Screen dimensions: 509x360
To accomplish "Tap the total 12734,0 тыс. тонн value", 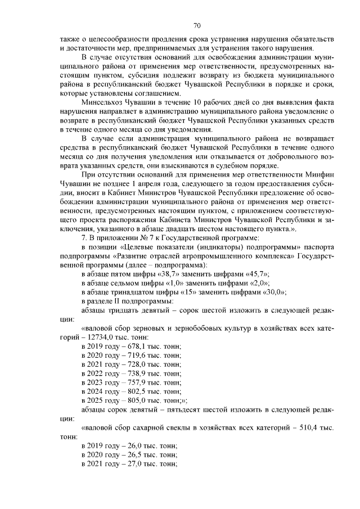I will (x=102, y=337).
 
